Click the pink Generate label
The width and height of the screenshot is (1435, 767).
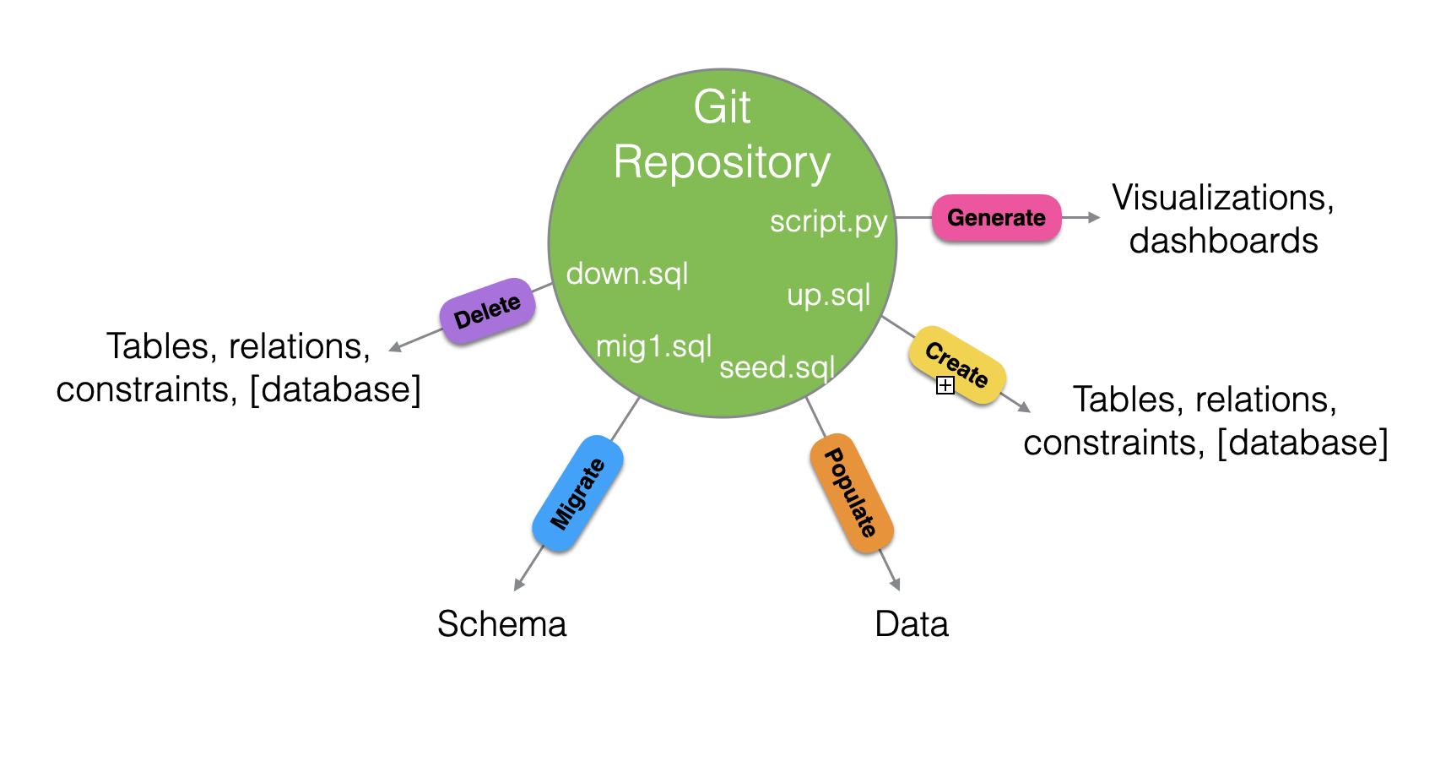[996, 218]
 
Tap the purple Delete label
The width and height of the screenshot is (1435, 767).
[488, 311]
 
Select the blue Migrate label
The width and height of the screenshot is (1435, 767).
[578, 493]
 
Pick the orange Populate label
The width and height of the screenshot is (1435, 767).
[852, 492]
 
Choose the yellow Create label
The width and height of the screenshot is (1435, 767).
[957, 364]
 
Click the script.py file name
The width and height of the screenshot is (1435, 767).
[828, 222]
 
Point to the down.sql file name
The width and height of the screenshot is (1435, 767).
[627, 274]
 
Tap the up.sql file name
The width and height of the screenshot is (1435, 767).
[829, 296]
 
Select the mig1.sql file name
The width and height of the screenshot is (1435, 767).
[653, 347]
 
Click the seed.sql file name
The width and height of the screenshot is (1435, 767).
[777, 367]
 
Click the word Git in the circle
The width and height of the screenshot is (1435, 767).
[722, 107]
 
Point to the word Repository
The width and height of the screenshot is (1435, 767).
[722, 163]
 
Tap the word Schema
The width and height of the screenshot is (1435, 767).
[502, 624]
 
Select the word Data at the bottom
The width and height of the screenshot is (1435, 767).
[912, 624]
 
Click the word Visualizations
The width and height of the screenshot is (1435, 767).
[1223, 198]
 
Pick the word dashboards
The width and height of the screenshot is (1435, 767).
[1224, 241]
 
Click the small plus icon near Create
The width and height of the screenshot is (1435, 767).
[945, 385]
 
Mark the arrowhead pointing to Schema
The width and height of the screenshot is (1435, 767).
[518, 585]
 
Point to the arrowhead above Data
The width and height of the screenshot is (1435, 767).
[896, 585]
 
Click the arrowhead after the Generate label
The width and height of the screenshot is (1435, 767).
[1094, 218]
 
